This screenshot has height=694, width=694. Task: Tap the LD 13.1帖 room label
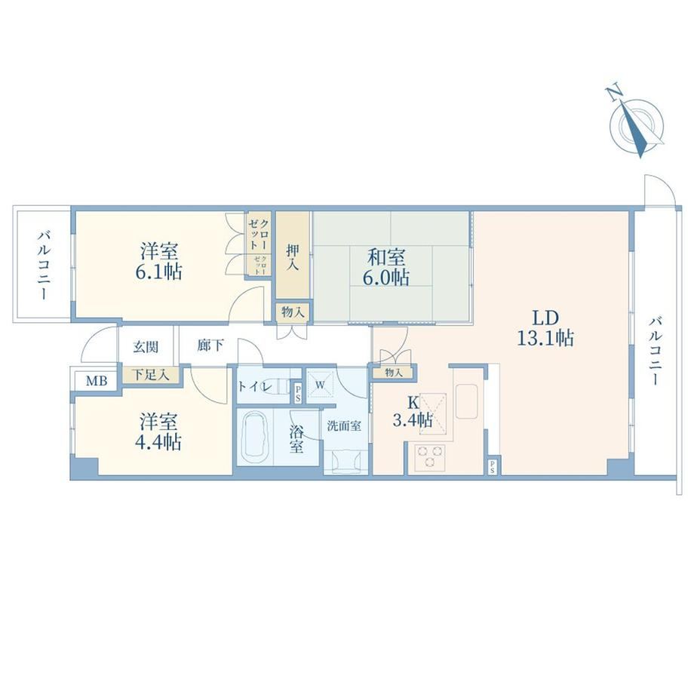tap(545, 328)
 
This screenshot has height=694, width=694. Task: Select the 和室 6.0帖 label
tap(386, 267)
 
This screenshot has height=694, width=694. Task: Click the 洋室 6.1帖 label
tap(159, 262)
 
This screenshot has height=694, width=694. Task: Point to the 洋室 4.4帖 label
tap(159, 431)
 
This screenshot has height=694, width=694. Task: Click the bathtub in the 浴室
tap(255, 437)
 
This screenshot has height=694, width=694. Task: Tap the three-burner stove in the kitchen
tap(429, 456)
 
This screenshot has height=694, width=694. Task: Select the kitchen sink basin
tap(466, 401)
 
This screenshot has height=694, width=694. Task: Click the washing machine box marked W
tap(320, 385)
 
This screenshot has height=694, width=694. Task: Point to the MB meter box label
tap(96, 380)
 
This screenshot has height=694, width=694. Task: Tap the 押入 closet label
tap(292, 256)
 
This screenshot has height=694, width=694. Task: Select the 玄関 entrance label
tap(146, 346)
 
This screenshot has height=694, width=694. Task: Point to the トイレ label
tap(254, 386)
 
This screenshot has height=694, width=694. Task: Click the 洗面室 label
tap(344, 425)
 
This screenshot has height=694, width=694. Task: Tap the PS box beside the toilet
tap(298, 393)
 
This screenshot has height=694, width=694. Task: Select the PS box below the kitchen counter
tap(492, 466)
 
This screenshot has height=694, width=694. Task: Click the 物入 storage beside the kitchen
tap(393, 372)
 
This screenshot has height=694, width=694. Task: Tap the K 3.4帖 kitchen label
tap(413, 412)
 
